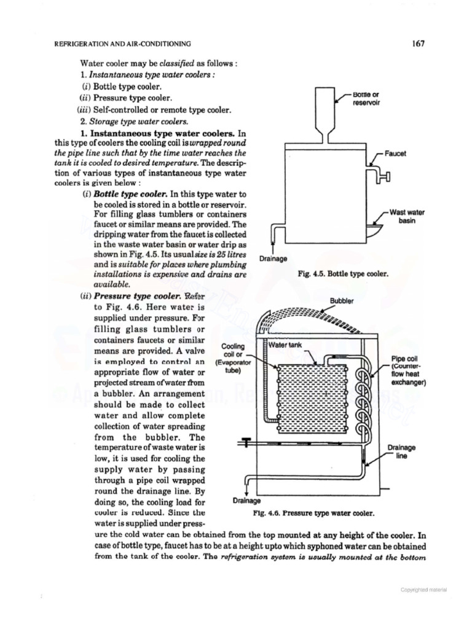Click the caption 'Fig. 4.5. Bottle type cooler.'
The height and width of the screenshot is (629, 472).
[342, 275]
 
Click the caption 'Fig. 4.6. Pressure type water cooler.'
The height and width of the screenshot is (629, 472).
[314, 511]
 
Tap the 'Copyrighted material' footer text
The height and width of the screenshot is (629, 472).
[424, 590]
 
